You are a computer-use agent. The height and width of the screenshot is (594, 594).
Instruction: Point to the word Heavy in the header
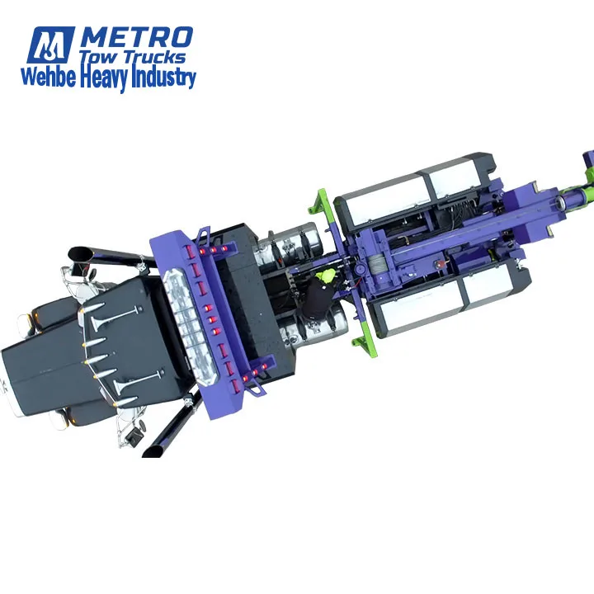(x=102, y=78)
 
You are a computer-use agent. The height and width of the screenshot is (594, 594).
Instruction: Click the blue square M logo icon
(x=51, y=45)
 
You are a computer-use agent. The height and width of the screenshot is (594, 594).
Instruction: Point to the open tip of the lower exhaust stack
(x=153, y=450)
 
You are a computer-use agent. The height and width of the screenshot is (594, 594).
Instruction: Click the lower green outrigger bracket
(x=363, y=337)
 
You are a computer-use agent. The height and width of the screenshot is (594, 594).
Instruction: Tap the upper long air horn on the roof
(x=111, y=314)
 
